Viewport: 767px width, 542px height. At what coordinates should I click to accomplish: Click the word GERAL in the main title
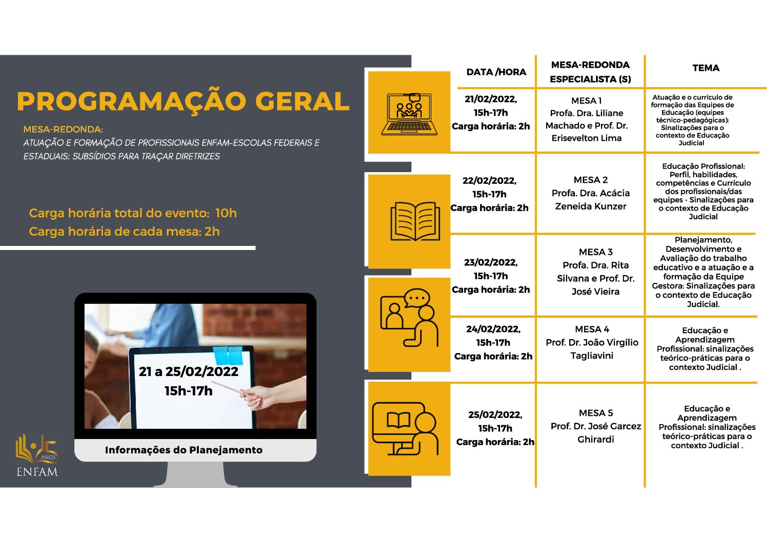pos(302,101)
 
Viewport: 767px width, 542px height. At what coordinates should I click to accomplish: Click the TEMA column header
pos(706,68)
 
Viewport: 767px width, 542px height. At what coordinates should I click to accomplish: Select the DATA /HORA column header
pos(496,72)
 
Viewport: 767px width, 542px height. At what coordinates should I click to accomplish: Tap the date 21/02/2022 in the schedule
pos(491,99)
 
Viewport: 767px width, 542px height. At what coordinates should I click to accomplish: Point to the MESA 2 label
pos(591,180)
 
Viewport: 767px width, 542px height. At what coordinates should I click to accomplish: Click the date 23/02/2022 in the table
pos(491,262)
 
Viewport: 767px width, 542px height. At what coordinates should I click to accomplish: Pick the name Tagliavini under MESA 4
pos(592,356)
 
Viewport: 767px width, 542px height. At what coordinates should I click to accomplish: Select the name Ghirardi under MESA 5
pos(595,439)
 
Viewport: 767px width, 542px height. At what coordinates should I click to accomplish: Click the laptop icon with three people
pos(409,114)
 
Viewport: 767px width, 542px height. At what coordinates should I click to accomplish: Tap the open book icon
pos(415,221)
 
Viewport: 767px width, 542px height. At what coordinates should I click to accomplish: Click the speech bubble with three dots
pos(417,298)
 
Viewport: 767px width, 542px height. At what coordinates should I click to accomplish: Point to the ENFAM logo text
pos(37,472)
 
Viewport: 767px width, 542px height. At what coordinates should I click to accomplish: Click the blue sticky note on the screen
pos(228,355)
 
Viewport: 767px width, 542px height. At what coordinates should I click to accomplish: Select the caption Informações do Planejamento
pos(184,450)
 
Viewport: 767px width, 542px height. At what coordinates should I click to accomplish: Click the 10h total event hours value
pos(226,213)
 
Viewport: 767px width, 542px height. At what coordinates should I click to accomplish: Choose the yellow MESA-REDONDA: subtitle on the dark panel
pos(63,130)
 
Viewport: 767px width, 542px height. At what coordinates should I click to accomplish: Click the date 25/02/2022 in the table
pos(495,415)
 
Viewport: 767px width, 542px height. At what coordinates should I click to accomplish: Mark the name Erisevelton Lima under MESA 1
pos(586,138)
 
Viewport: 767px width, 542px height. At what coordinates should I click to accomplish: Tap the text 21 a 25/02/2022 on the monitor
pos(189,372)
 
